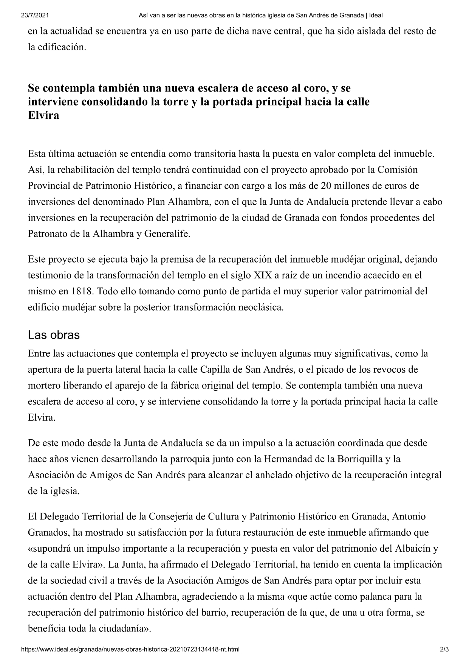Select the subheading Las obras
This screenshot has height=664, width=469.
(x=54, y=335)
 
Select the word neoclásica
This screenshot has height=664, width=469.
(x=260, y=307)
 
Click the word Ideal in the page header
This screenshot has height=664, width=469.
(x=376, y=16)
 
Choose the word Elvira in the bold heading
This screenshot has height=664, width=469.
(x=43, y=115)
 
